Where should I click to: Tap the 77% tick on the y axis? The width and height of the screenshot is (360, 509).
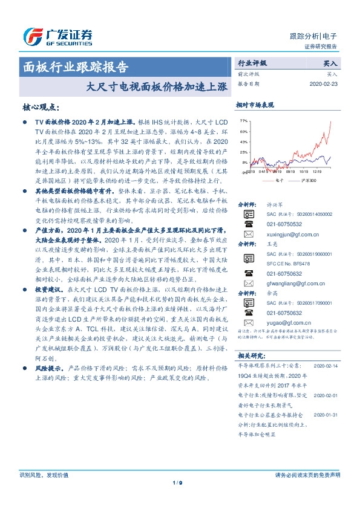point(243,121)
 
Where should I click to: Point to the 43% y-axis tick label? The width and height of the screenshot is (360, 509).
point(243,142)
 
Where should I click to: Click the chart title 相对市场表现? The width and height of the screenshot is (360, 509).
point(255,105)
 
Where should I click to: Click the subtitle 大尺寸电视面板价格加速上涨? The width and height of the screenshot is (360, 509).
point(156,86)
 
